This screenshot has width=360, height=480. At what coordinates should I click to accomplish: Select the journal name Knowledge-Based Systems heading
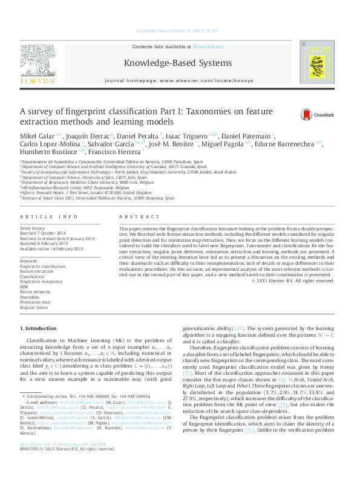click(x=177, y=63)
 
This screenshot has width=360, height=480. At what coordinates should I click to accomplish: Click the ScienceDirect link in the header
click(x=209, y=47)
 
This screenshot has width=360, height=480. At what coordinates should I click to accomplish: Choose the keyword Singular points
click(x=34, y=308)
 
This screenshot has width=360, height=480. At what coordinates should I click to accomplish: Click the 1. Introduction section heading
click(x=39, y=328)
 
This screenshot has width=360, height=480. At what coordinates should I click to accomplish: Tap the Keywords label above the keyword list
click(x=29, y=261)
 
